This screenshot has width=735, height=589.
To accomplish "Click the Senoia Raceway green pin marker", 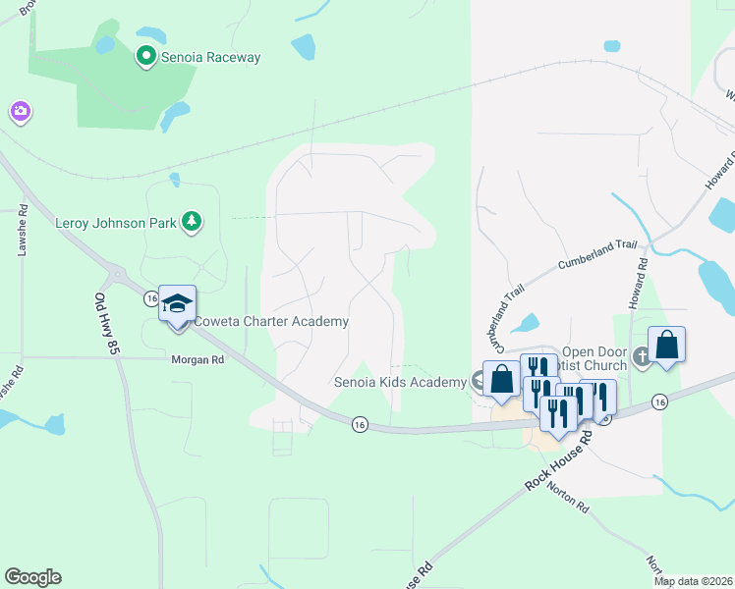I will click(146, 57).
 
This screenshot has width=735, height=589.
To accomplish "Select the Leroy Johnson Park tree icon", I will click(194, 222).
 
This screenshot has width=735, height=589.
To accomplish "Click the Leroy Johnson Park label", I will click(116, 222).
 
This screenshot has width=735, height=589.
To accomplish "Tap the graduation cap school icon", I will click(177, 303).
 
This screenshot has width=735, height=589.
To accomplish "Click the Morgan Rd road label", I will click(198, 360).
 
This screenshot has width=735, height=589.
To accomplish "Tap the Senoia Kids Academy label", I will click(400, 382).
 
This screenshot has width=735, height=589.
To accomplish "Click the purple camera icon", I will click(20, 113).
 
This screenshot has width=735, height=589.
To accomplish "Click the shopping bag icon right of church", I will click(666, 346).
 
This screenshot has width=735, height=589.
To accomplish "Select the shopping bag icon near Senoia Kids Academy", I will click(501, 379).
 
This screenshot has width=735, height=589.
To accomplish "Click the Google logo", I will click(32, 577).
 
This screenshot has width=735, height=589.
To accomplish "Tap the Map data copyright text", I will click(694, 581).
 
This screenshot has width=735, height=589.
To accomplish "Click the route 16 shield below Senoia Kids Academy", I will click(361, 423).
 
